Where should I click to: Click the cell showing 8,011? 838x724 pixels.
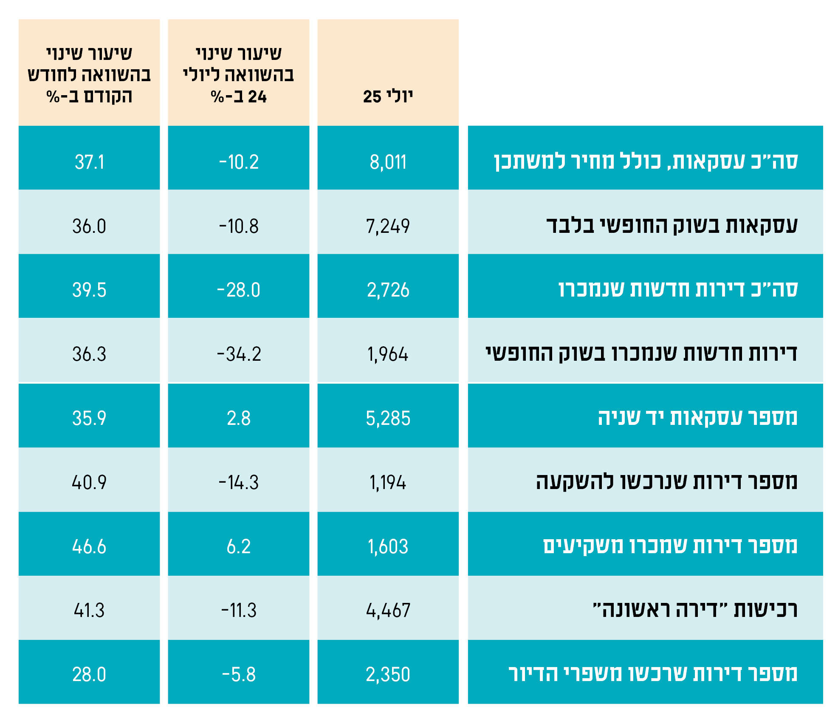[x=388, y=162]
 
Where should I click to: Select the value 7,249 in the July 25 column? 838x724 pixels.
[x=388, y=226]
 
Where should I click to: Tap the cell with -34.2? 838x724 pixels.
[x=239, y=354]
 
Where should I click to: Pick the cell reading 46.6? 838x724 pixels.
[x=89, y=546]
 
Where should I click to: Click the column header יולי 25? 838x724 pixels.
[x=388, y=96]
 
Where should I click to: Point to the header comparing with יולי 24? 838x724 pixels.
[x=239, y=75]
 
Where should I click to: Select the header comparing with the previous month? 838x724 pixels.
[x=89, y=75]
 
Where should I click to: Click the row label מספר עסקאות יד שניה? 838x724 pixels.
[x=697, y=417]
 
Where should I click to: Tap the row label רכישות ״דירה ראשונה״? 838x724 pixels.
[x=695, y=610]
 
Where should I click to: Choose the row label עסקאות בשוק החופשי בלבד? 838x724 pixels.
[x=672, y=225]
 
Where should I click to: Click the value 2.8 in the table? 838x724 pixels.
[x=239, y=418]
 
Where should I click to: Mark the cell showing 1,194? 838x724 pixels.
[x=388, y=482]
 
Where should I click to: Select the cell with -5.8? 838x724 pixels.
[x=239, y=674]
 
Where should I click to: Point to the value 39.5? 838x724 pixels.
[x=89, y=290]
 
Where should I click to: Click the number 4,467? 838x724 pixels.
[x=388, y=610]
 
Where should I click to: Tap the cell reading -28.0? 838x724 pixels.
[x=239, y=290]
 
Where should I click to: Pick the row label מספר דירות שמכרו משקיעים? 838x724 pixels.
[x=670, y=546]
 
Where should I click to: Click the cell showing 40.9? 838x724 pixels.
[x=89, y=482]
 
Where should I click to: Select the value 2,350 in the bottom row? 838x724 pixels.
[x=388, y=674]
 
